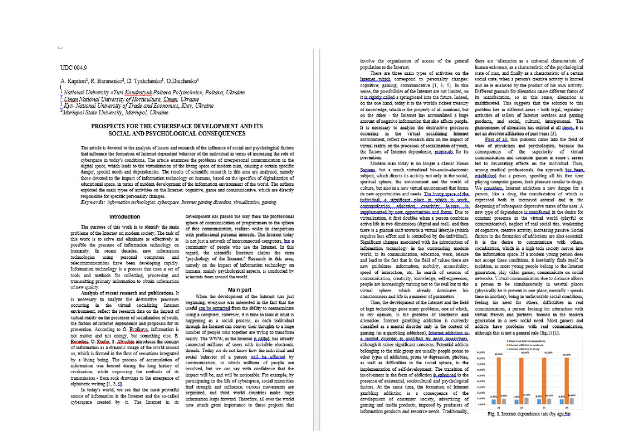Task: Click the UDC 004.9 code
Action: coord(74,67)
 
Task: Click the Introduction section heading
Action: coord(125,216)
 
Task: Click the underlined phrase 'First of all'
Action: coord(501,139)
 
